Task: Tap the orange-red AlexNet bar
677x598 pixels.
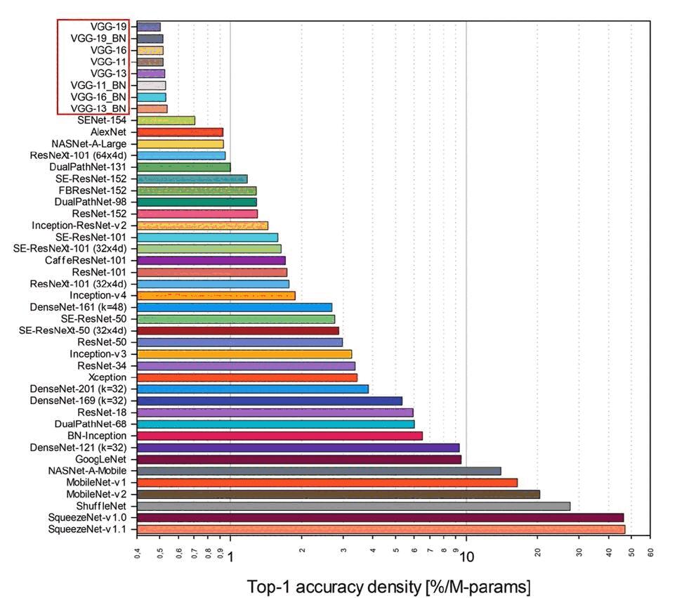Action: tap(180, 132)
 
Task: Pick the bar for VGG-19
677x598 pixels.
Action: tap(149, 27)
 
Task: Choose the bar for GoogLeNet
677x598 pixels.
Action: tap(299, 460)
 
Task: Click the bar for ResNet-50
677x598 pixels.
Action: tap(239, 342)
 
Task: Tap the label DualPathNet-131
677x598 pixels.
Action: tap(88, 167)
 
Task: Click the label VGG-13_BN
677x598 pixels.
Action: tap(99, 109)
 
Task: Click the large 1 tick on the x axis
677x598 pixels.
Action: tap(230, 557)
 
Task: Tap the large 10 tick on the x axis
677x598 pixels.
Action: tap(466, 557)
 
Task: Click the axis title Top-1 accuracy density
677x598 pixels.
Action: tap(388, 586)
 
